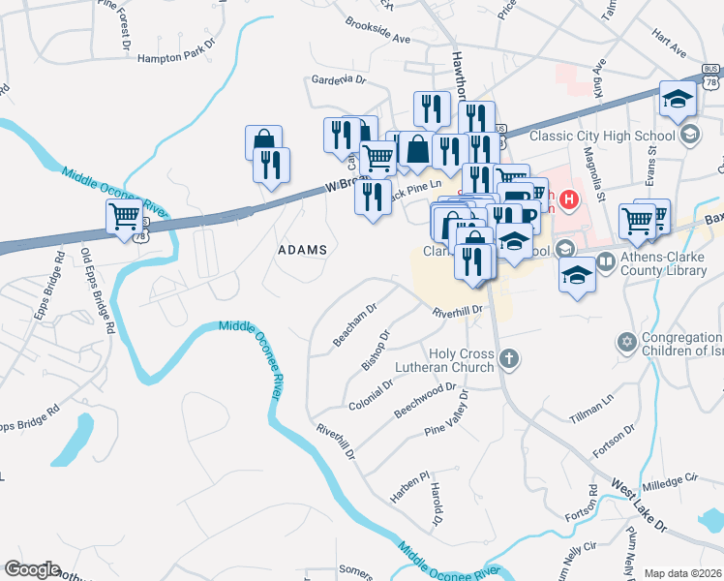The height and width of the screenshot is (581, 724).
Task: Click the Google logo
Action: click(32, 569)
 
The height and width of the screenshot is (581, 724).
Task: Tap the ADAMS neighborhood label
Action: click(302, 250)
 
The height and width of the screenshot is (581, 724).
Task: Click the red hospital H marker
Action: click(569, 201)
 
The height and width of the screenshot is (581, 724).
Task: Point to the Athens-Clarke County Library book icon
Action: click(606, 262)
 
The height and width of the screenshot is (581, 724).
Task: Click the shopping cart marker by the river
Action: click(125, 218)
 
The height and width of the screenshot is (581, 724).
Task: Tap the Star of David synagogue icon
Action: click(625, 342)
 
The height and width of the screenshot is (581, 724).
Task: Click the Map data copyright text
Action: click(682, 573)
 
